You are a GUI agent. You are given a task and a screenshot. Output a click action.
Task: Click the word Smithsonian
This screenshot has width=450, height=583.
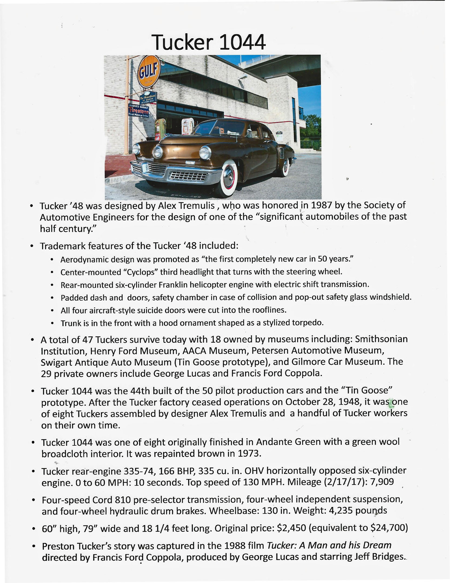381,339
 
